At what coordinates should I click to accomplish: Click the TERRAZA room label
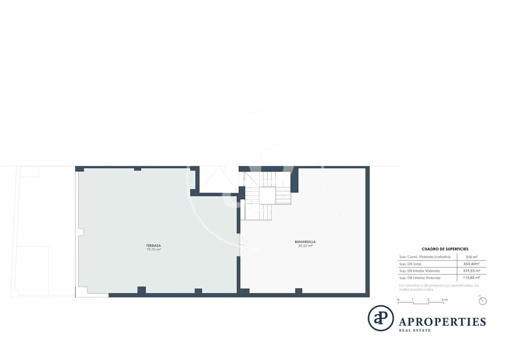click(153, 245)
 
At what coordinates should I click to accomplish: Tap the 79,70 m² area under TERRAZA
click(153, 250)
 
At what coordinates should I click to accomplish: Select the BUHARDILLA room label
click(305, 242)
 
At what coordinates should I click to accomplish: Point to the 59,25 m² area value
click(305, 246)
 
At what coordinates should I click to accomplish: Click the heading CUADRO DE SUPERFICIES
click(445, 249)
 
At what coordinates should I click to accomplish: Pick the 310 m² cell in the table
click(472, 257)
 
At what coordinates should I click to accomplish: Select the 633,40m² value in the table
click(472, 264)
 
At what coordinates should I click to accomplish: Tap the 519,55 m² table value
click(472, 271)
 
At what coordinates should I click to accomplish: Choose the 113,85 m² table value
click(472, 278)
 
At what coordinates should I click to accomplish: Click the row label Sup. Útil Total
click(410, 264)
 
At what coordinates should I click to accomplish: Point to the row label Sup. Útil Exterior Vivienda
click(420, 278)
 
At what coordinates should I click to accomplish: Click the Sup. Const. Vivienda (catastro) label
click(425, 257)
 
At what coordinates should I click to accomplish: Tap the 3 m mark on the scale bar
click(444, 300)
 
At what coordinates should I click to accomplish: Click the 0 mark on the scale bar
click(398, 300)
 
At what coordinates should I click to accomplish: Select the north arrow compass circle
click(483, 301)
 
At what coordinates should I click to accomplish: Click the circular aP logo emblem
click(381, 318)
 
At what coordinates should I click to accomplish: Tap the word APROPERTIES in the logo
click(442, 322)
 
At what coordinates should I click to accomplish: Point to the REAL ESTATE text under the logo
click(415, 331)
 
